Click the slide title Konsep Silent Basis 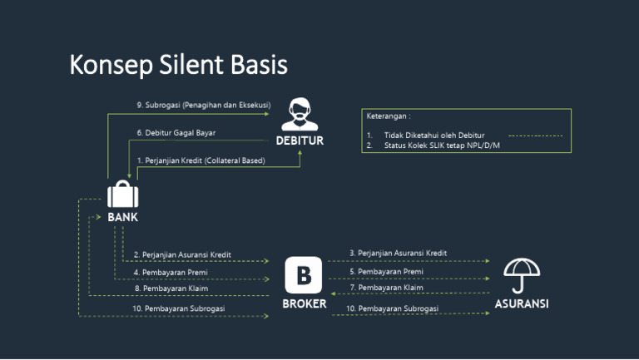click(178, 64)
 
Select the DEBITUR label click(300, 141)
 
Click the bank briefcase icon click(122, 195)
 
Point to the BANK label click(122, 218)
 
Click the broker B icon click(304, 275)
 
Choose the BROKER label click(304, 304)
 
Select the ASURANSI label click(522, 304)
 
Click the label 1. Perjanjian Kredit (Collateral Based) click(201, 160)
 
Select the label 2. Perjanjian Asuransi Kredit click(182, 254)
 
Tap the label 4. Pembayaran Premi click(171, 272)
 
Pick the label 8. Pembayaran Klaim click(171, 288)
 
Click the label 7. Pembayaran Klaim click(386, 288)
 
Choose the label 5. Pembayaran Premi click(386, 271)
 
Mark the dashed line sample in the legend click(535, 135)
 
